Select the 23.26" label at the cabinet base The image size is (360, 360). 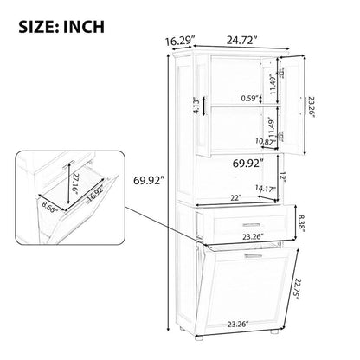coord(237,325)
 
